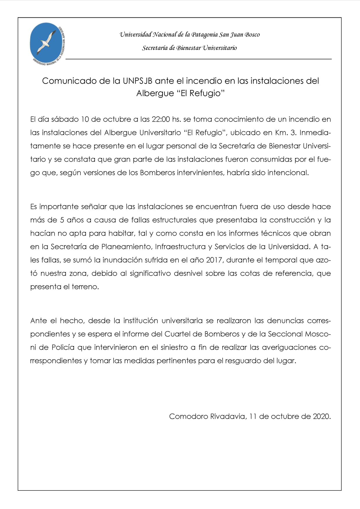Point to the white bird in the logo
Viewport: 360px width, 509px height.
click(x=46, y=41)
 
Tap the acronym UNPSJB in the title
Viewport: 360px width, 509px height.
click(x=137, y=81)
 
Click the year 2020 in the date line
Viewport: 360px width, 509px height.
click(x=321, y=416)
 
